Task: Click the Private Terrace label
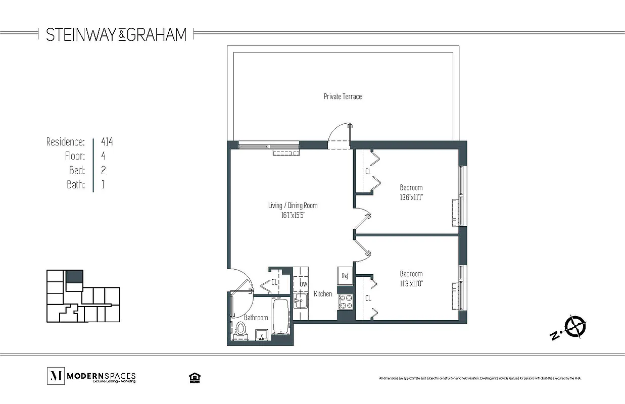pos(343,96)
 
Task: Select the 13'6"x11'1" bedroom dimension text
pos(411,197)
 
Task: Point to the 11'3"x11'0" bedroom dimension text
pos(411,283)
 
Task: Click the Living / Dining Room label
pos(293,206)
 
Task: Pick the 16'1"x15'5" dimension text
pos(293,215)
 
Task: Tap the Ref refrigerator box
pos(345,276)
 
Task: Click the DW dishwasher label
pos(303,284)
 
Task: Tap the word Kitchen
pos(323,294)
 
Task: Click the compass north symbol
pos(575,326)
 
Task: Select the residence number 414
pos(107,142)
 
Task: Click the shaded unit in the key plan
pos(74,277)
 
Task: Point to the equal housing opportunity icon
pos(193,377)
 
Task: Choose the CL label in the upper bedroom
pos(368,172)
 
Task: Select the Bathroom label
pos(256,318)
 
